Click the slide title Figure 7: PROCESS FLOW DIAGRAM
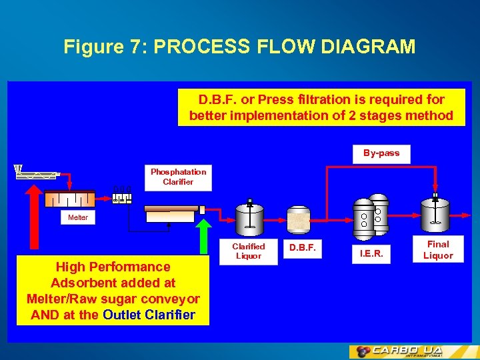click(x=239, y=47)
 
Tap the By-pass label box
click(x=381, y=153)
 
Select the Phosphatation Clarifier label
click(x=178, y=177)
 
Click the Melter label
click(x=77, y=217)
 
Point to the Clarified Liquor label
click(x=248, y=251)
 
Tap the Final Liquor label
click(x=438, y=250)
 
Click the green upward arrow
click(x=203, y=235)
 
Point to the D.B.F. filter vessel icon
click(x=299, y=219)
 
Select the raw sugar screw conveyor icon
click(x=36, y=173)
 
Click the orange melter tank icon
click(x=69, y=199)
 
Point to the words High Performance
click(x=113, y=267)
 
